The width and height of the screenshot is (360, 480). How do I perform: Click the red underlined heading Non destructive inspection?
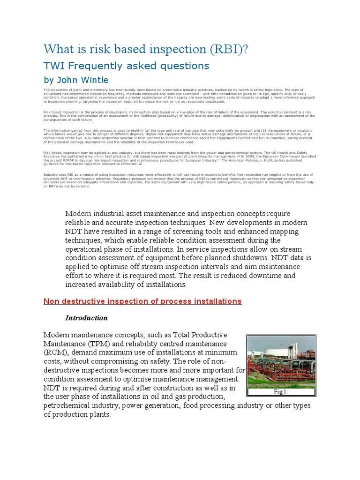[142, 301]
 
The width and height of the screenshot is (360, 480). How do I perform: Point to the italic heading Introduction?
[86, 318]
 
